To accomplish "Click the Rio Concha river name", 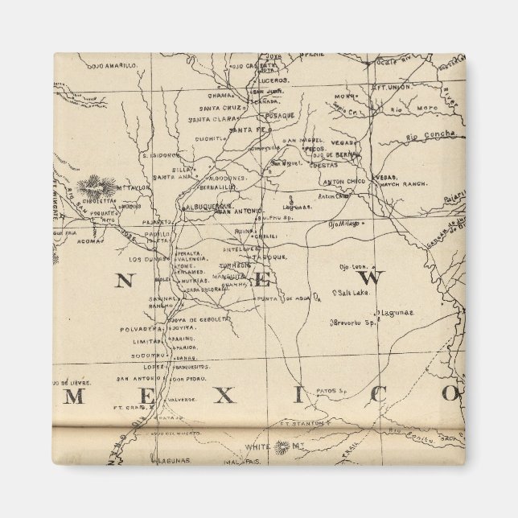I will click(x=430, y=134).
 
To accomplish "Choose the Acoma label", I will click(x=88, y=240).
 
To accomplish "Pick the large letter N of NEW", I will click(x=123, y=280).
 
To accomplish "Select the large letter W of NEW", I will click(x=377, y=278).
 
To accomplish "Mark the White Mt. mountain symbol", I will click(x=281, y=445).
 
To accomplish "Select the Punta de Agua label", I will click(x=278, y=299).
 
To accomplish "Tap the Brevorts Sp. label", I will click(x=354, y=323).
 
